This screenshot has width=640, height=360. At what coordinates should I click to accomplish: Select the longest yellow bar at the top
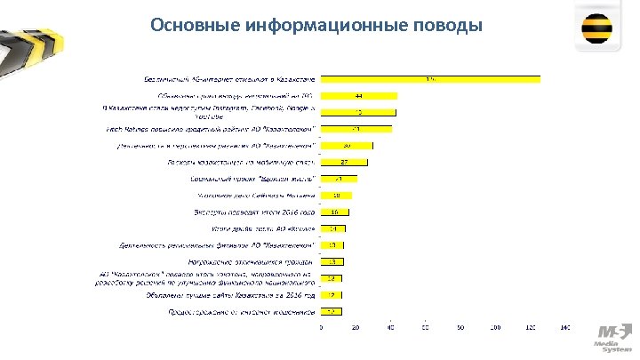(431, 81)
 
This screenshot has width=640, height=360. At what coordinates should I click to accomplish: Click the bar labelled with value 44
(359, 96)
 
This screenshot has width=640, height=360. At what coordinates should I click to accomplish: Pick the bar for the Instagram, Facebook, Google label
(358, 112)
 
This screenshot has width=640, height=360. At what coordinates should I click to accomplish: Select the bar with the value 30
(347, 146)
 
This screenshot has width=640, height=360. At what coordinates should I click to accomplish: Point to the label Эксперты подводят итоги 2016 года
(255, 212)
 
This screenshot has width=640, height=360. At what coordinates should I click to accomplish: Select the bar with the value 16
(335, 212)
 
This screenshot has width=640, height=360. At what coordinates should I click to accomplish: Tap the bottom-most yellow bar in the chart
(332, 312)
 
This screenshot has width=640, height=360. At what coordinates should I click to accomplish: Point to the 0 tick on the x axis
(322, 328)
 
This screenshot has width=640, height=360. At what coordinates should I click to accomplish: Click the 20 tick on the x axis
(356, 328)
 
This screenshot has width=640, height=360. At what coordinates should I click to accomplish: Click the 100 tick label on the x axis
(495, 328)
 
